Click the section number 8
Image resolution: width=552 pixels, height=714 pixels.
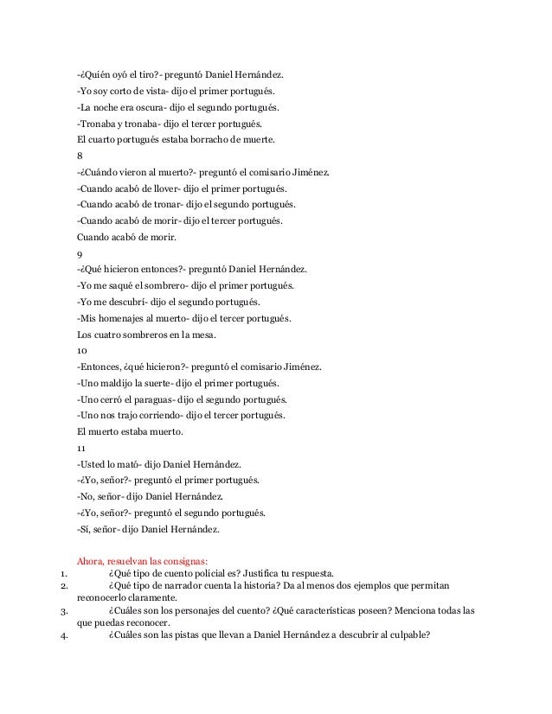(x=80, y=156)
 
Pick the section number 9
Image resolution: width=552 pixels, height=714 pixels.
(x=80, y=254)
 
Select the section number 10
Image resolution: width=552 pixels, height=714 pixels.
(x=82, y=351)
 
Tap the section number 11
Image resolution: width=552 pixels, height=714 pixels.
(x=81, y=448)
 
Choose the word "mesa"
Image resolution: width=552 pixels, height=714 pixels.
(x=206, y=335)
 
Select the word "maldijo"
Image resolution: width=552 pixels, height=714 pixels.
(x=117, y=383)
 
